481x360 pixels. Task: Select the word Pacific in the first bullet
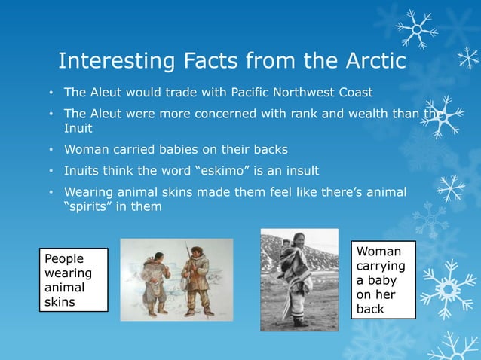(x=244, y=93)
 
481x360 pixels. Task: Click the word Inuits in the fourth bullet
(x=84, y=169)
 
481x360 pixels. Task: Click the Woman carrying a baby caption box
(x=383, y=279)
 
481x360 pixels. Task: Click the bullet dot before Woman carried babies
(x=50, y=149)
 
